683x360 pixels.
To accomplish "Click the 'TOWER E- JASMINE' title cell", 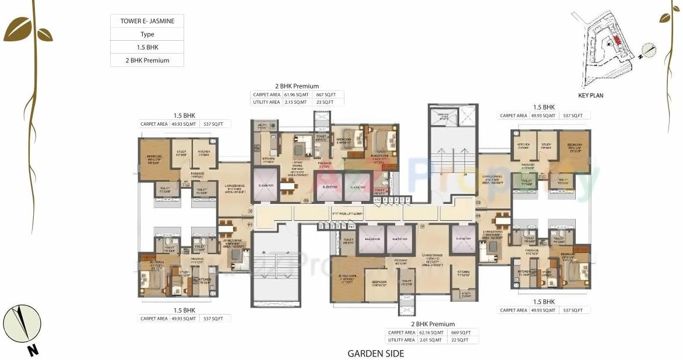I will pos(147,21).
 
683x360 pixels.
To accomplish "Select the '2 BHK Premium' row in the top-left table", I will pos(147,60).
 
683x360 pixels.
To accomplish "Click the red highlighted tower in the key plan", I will pos(616,40).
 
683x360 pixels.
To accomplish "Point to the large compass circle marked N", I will pos(22,323).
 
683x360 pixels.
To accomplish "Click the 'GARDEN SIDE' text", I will pos(375,353).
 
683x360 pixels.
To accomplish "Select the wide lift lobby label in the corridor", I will pos(347,214).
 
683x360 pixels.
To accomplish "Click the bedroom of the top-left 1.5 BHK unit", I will pos(154,158).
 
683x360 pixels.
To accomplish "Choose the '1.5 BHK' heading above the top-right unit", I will pos(544,107).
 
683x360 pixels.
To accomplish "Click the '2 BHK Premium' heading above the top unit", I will pos(297,86).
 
